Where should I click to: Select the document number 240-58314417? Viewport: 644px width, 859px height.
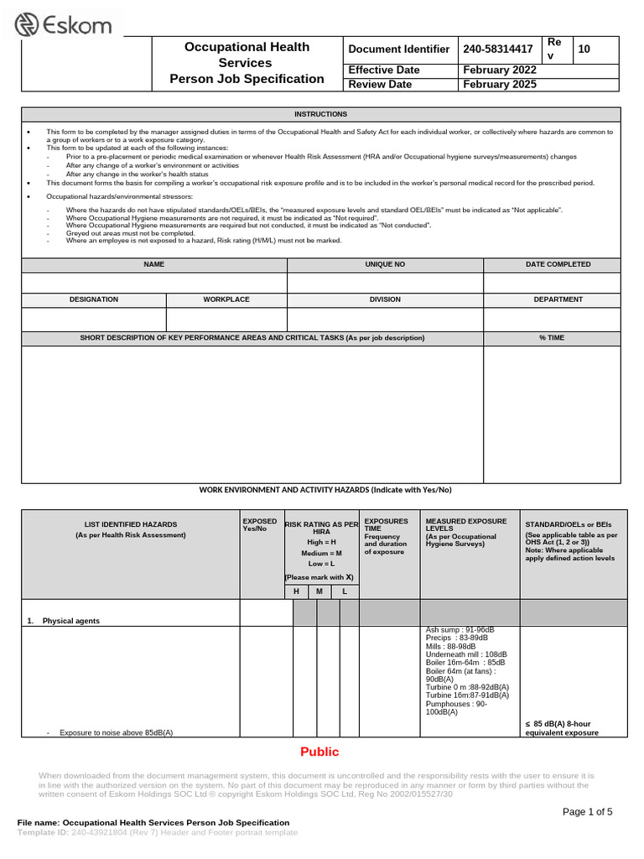click(498, 49)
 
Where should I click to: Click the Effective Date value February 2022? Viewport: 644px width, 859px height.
click(500, 70)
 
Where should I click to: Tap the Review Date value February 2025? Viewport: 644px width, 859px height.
click(500, 84)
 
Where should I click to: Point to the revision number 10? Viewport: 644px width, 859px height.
click(584, 49)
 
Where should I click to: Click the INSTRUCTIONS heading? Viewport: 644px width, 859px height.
click(320, 114)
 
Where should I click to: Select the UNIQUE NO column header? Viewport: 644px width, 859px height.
click(385, 264)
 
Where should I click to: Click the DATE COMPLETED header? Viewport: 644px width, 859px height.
click(552, 264)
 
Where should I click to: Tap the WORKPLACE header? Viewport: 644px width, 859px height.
click(226, 299)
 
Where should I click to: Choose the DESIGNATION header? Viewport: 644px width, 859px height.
click(94, 299)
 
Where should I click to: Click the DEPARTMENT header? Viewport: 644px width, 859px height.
click(552, 299)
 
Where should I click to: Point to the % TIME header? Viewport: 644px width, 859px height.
click(552, 338)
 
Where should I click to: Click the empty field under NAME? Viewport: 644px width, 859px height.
click(154, 283)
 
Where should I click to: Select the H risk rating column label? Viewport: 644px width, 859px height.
click(295, 592)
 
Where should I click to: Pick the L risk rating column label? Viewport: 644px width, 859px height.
click(344, 592)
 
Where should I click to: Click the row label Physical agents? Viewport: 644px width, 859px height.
click(70, 621)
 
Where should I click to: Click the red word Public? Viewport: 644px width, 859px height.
click(319, 752)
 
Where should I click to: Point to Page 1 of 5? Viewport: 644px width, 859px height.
click(587, 811)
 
